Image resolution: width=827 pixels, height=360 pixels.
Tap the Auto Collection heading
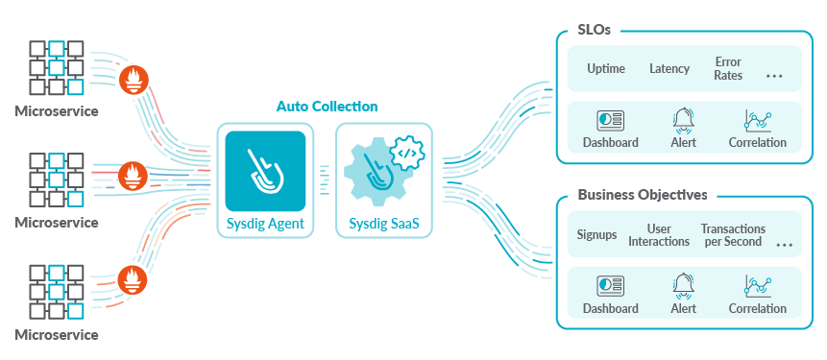tap(327, 107)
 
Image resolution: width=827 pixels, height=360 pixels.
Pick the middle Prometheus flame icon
tap(131, 175)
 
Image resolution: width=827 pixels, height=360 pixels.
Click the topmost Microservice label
tap(56, 110)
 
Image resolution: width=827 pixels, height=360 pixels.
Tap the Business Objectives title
tap(643, 195)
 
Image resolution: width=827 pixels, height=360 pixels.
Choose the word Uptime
tap(606, 69)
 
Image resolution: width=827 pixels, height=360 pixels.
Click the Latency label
tap(669, 69)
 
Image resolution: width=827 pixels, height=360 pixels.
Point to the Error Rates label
tap(728, 69)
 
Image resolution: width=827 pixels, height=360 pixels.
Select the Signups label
tap(596, 235)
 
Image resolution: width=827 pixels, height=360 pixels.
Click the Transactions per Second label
tap(733, 235)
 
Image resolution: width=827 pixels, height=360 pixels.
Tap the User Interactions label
tap(659, 235)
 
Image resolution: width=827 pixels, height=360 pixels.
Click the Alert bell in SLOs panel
tap(683, 121)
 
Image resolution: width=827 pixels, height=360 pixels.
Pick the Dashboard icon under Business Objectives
tap(610, 286)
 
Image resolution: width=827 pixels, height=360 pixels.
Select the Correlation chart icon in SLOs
tap(758, 121)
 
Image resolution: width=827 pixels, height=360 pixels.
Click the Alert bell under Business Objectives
tap(683, 286)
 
